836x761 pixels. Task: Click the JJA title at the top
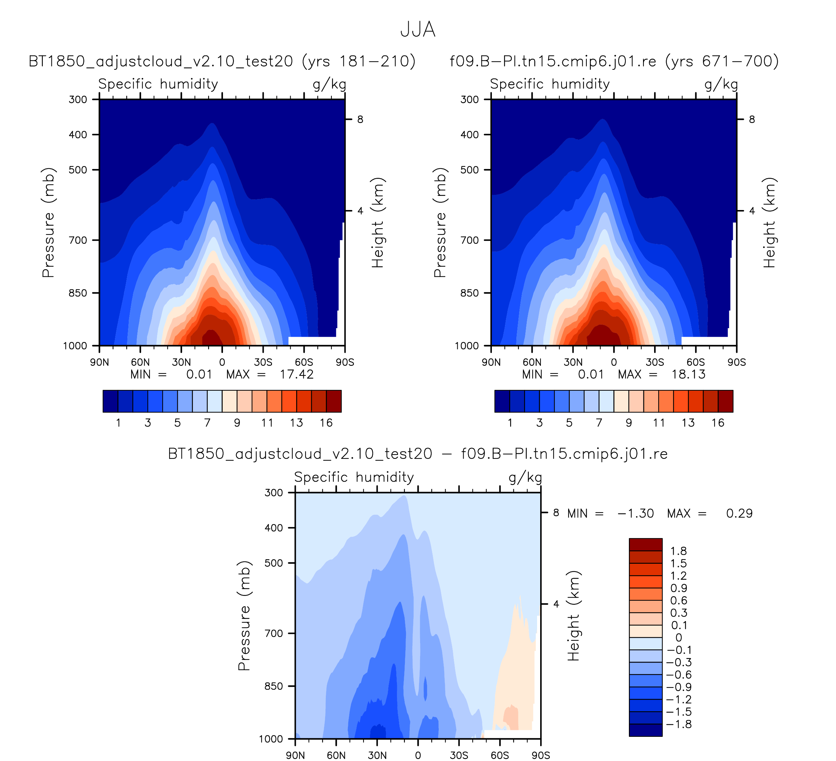(418, 30)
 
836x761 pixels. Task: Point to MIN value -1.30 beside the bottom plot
(635, 513)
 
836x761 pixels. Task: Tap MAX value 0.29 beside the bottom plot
(739, 513)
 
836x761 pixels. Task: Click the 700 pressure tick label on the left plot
(78, 240)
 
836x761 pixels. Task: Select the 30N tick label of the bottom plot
(377, 755)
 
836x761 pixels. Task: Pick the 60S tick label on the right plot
(696, 362)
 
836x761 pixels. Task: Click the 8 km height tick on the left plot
(360, 120)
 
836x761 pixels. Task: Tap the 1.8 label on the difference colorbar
(678, 551)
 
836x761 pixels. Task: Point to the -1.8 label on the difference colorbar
(678, 724)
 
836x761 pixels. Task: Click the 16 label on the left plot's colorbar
(326, 423)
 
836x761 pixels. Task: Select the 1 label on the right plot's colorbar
(510, 423)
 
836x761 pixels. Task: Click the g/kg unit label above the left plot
(329, 84)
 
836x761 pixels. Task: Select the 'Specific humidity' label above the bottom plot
(354, 477)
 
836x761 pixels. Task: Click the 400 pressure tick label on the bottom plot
(274, 528)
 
